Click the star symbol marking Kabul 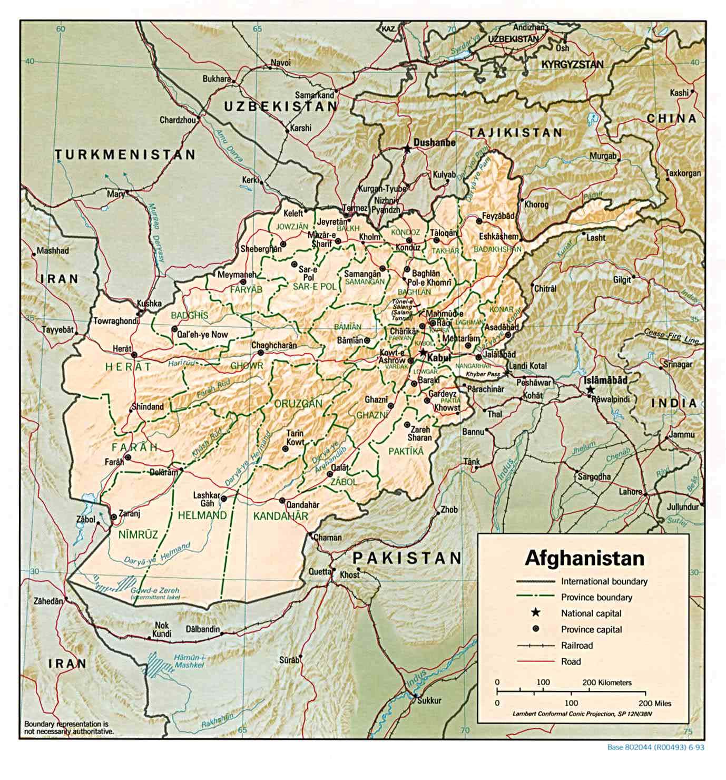pyautogui.click(x=423, y=352)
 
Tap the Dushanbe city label pyautogui.click(x=434, y=142)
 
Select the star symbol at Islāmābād pyautogui.click(x=590, y=389)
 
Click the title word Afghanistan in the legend pyautogui.click(x=584, y=558)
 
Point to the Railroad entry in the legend pyautogui.click(x=577, y=646)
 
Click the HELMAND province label pyautogui.click(x=202, y=515)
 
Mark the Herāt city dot pyautogui.click(x=134, y=355)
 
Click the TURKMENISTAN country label pyautogui.click(x=125, y=155)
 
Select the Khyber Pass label pyautogui.click(x=483, y=374)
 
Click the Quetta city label pyautogui.click(x=319, y=571)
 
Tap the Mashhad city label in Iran pyautogui.click(x=53, y=251)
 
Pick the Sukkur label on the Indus pyautogui.click(x=429, y=700)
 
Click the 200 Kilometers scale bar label pyautogui.click(x=606, y=682)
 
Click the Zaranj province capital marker pyautogui.click(x=113, y=516)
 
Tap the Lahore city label pyautogui.click(x=631, y=492)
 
